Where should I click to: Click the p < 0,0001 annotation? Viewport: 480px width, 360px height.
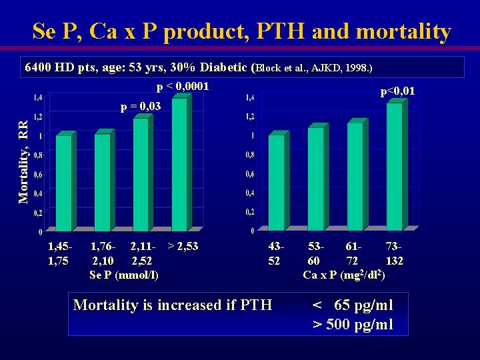pyautogui.click(x=183, y=87)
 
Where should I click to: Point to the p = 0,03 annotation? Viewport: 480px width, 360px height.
pyautogui.click(x=140, y=106)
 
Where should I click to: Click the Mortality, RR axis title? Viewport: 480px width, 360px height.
pyautogui.click(x=23, y=162)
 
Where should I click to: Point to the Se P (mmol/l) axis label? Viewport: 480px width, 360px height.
pyautogui.click(x=123, y=274)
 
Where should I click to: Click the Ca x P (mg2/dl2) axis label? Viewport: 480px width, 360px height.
pyautogui.click(x=343, y=274)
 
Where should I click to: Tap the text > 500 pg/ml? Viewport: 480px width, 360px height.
pyautogui.click(x=353, y=325)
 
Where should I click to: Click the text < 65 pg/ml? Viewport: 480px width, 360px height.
pyautogui.click(x=353, y=305)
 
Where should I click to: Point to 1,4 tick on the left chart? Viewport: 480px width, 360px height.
pyautogui.click(x=39, y=97)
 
